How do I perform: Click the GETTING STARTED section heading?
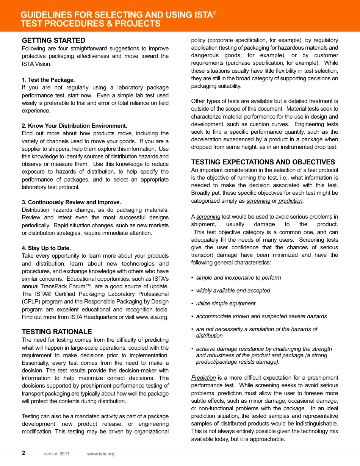53,41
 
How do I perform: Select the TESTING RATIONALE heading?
57,332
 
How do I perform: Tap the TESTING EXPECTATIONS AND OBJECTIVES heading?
263,162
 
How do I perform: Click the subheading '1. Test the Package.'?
49,80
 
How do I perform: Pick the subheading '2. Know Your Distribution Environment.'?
75,126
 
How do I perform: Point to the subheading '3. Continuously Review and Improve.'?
72,202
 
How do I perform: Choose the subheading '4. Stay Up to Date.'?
46,248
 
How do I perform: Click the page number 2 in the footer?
23,453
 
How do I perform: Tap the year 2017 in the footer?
64,454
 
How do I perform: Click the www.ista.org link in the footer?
101,454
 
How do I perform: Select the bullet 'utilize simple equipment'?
225,303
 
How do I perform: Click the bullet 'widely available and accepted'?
233,291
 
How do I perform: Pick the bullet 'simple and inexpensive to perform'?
238,278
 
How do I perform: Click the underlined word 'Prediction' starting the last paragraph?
203,378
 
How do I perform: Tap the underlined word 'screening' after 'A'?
208,217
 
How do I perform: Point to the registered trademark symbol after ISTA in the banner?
215,13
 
